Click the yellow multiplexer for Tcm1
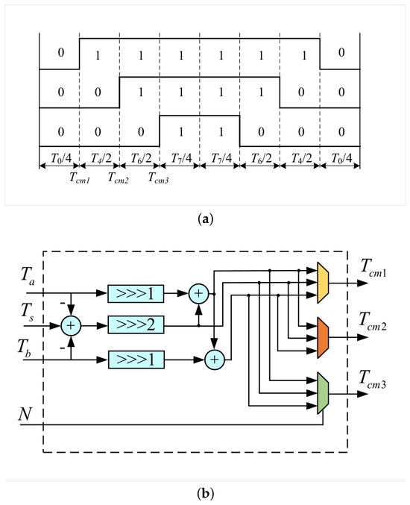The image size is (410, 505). click(x=323, y=283)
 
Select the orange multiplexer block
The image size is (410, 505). click(x=323, y=337)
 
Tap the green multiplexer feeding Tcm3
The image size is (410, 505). click(x=323, y=393)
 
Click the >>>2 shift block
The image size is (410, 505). click(x=136, y=324)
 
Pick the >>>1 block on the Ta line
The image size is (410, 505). click(x=136, y=293)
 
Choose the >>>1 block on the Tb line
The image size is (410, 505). click(x=136, y=360)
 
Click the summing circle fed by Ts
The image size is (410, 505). click(x=71, y=326)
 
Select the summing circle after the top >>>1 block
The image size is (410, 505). click(x=198, y=294)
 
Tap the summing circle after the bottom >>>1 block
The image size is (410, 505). click(x=215, y=360)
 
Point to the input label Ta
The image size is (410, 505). click(x=28, y=276)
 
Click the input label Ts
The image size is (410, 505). click(x=27, y=312)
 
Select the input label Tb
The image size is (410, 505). click(x=25, y=348)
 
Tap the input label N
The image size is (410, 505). click(x=25, y=414)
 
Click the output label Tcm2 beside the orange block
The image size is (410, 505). click(x=373, y=321)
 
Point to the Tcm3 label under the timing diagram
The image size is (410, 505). click(x=158, y=178)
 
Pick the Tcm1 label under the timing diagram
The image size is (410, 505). click(x=80, y=178)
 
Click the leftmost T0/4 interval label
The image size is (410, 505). click(x=61, y=158)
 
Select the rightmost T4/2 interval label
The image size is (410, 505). click(x=302, y=158)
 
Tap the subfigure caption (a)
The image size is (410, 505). click(x=205, y=219)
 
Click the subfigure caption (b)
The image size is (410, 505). click(x=205, y=493)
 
